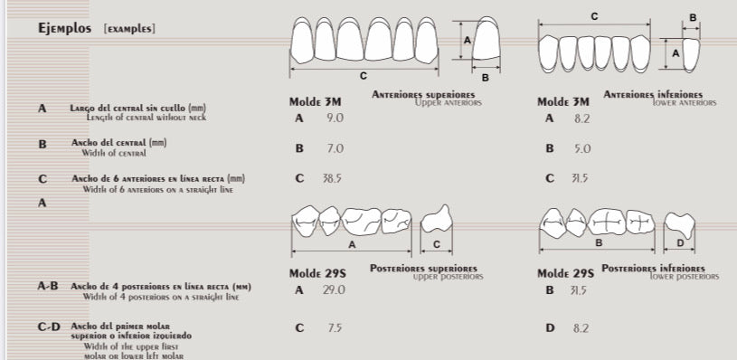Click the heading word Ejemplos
coord(64,28)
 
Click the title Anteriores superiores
coord(423,94)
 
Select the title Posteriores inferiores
coord(653,269)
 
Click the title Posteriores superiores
coord(423,269)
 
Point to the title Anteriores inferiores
coord(653,94)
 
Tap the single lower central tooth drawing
coord(691,53)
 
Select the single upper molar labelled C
coord(438,220)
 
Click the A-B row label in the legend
coord(48,286)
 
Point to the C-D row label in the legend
coord(49,327)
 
